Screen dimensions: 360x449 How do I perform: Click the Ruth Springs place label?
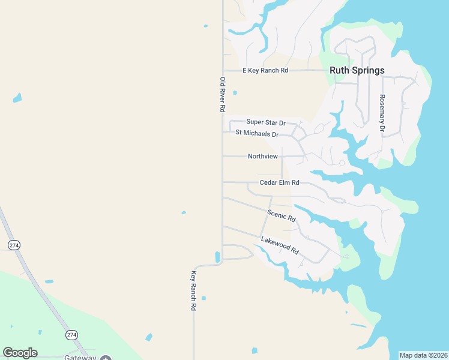point(357,70)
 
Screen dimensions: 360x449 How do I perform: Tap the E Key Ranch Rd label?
point(265,70)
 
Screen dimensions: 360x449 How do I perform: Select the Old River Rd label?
point(222,94)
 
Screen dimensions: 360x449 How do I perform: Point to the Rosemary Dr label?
point(381,113)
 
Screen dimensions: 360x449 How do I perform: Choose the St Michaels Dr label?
point(257,133)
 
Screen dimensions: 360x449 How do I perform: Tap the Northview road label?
point(263,156)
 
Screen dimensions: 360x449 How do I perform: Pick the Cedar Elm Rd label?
point(279,182)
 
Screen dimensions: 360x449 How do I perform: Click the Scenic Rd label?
point(282,215)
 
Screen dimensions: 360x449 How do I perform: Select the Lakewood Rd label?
point(280,245)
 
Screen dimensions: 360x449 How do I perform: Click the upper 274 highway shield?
point(13,245)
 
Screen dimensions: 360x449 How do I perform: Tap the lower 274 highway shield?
point(71,334)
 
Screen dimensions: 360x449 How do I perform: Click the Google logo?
point(20,353)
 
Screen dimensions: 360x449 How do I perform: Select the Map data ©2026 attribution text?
point(423,355)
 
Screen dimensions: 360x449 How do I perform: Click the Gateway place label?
point(80,358)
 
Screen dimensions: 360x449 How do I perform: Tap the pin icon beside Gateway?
point(106,358)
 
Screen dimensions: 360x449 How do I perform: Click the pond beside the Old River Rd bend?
point(217,257)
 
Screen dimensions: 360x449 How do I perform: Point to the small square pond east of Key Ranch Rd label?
point(203,298)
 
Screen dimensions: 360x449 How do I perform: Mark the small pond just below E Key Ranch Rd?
point(235,92)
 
